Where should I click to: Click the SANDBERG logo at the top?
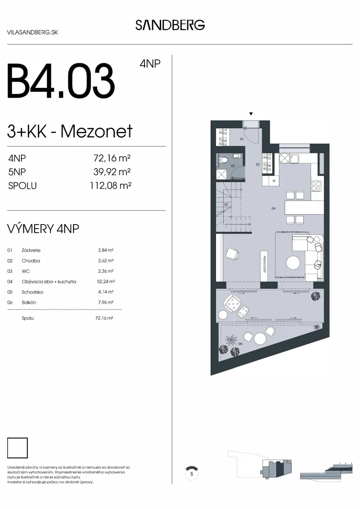pos(170,25)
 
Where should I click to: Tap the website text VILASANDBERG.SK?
pos(32,32)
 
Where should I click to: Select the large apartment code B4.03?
pos(61,81)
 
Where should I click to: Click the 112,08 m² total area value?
pos(110,186)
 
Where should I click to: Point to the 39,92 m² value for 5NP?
pos(112,172)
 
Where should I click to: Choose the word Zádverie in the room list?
pos(31,250)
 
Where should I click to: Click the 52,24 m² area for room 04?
pos(106,281)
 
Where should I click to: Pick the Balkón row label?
pos(29,302)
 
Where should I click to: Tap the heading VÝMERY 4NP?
pos(43,229)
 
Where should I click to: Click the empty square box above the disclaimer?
pos(18,448)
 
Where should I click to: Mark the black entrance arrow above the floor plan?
pos(251,114)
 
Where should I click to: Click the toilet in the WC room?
pos(223,160)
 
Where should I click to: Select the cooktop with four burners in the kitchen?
pos(316,186)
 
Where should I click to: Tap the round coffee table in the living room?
pos(293,263)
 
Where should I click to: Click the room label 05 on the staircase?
pos(226,205)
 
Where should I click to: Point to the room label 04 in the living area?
pos(273,208)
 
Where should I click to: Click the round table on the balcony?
pos(260,338)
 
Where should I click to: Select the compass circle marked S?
pos(192,473)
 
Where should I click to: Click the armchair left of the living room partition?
pos(233,253)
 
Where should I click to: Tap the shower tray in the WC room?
pos(221,174)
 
